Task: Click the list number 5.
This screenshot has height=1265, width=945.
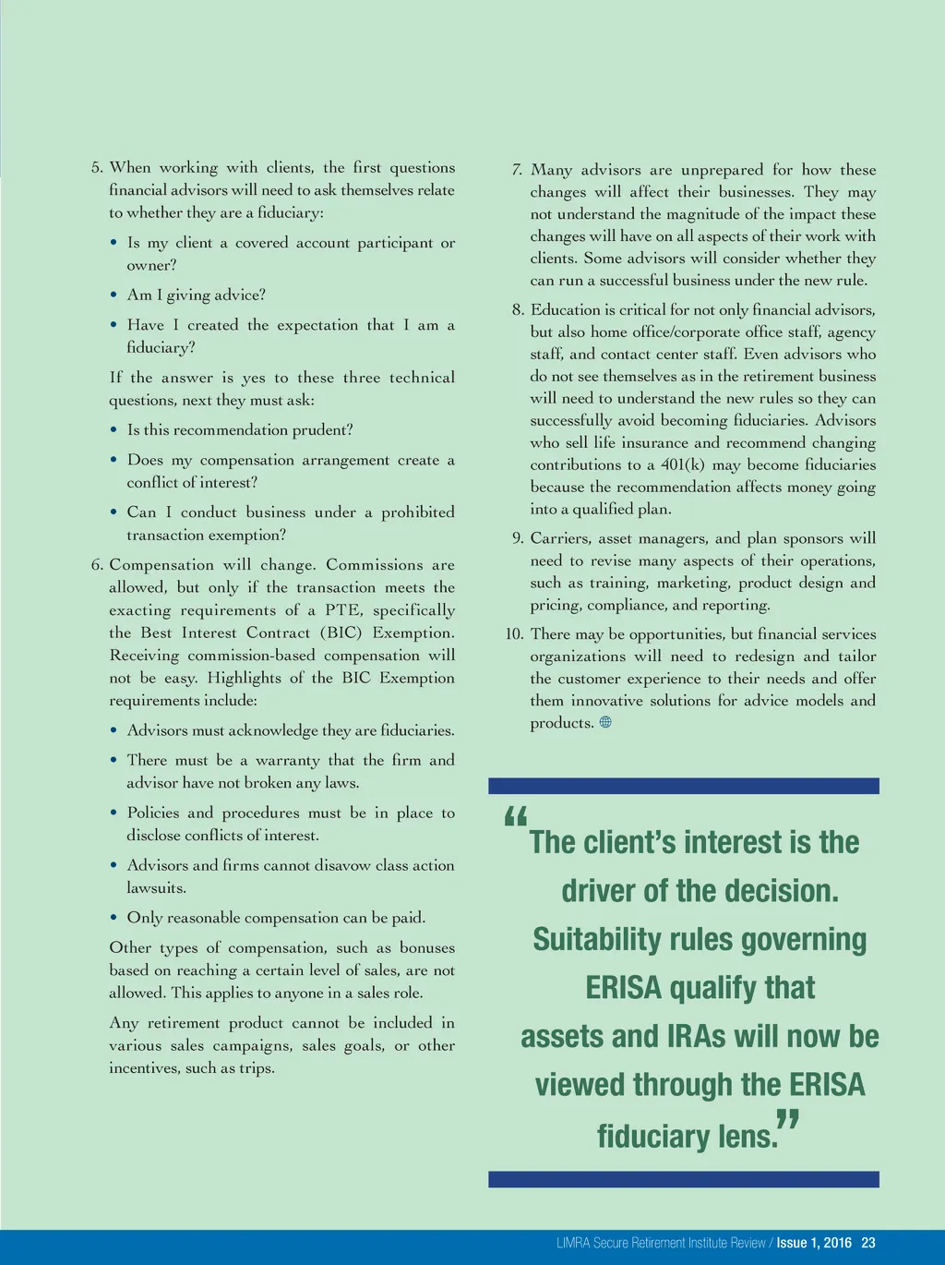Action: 96,168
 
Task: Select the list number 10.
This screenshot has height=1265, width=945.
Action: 514,634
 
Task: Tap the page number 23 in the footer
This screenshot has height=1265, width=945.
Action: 867,1243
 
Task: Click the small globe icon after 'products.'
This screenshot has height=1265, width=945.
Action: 605,723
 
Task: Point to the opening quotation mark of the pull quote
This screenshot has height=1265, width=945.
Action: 516,817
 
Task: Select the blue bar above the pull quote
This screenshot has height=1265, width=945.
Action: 683,786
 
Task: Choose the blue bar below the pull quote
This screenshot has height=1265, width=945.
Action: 683,1179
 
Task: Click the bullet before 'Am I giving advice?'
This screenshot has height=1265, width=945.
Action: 114,295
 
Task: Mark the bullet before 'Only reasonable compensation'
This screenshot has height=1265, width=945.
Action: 114,918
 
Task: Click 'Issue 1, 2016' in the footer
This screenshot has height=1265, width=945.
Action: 814,1243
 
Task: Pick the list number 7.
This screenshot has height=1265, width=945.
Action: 517,170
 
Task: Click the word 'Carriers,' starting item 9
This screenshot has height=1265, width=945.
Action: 560,538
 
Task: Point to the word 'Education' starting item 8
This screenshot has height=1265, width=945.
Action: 565,310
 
